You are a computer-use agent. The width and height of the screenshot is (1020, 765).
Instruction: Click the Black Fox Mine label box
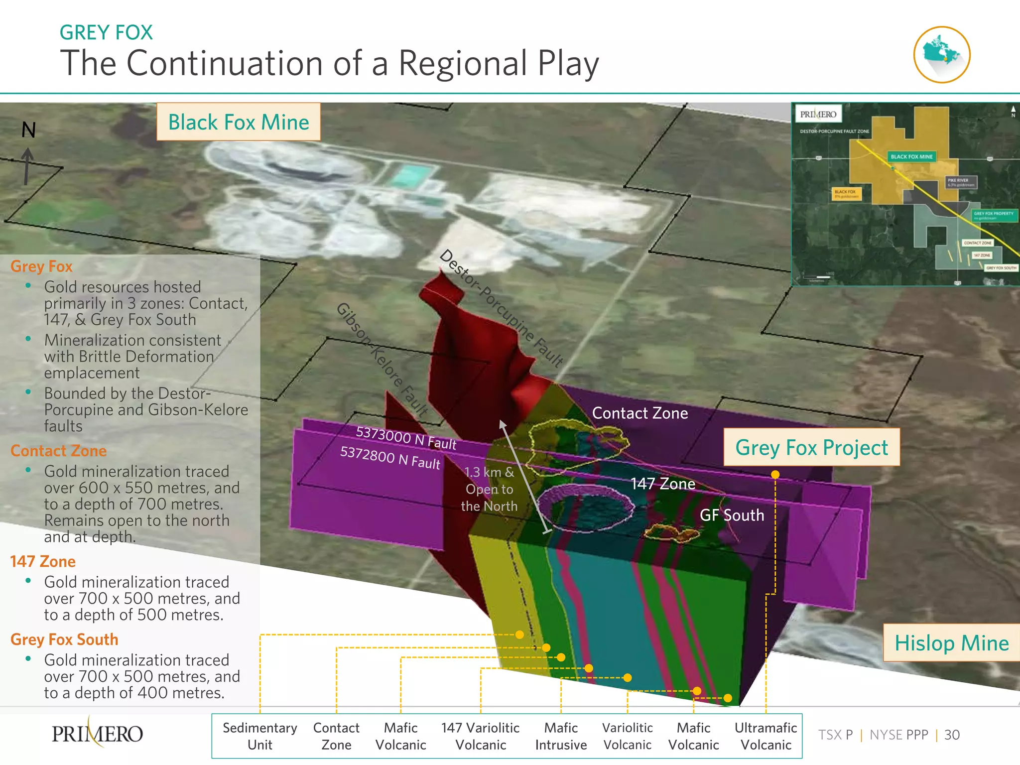tap(239, 122)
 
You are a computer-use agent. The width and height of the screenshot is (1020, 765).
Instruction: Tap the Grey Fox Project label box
tap(811, 447)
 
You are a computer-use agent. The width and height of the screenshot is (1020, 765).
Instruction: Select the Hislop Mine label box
tap(951, 643)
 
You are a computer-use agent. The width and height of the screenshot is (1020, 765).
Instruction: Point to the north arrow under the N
tap(27, 166)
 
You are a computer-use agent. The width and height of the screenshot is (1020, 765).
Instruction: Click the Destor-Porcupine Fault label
tap(501, 308)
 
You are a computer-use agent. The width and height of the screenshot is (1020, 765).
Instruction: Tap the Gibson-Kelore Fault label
tap(382, 359)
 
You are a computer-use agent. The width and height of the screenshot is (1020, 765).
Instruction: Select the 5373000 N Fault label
tap(406, 438)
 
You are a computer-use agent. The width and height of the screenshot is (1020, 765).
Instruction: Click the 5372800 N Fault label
tap(390, 458)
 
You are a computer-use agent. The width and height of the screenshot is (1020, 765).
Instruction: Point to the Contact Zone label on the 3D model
tap(640, 413)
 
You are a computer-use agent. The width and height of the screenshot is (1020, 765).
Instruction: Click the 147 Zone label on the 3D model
tap(663, 484)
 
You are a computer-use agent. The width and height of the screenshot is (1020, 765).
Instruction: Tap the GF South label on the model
tap(732, 515)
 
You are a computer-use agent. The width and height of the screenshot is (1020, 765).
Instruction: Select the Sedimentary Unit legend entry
tap(260, 736)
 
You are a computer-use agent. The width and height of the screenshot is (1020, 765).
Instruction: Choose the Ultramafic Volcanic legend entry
tap(765, 736)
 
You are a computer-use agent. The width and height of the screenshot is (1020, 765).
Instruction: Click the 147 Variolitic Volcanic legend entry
tap(481, 736)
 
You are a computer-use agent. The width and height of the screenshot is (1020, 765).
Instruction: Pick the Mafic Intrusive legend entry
tap(561, 736)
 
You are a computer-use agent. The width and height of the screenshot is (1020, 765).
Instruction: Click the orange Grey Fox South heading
tap(64, 639)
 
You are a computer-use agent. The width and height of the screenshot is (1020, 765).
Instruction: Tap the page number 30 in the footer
tap(952, 735)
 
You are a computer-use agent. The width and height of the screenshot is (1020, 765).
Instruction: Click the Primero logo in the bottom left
tap(98, 734)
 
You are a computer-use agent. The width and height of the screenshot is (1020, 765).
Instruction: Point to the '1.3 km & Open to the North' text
tap(489, 489)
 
